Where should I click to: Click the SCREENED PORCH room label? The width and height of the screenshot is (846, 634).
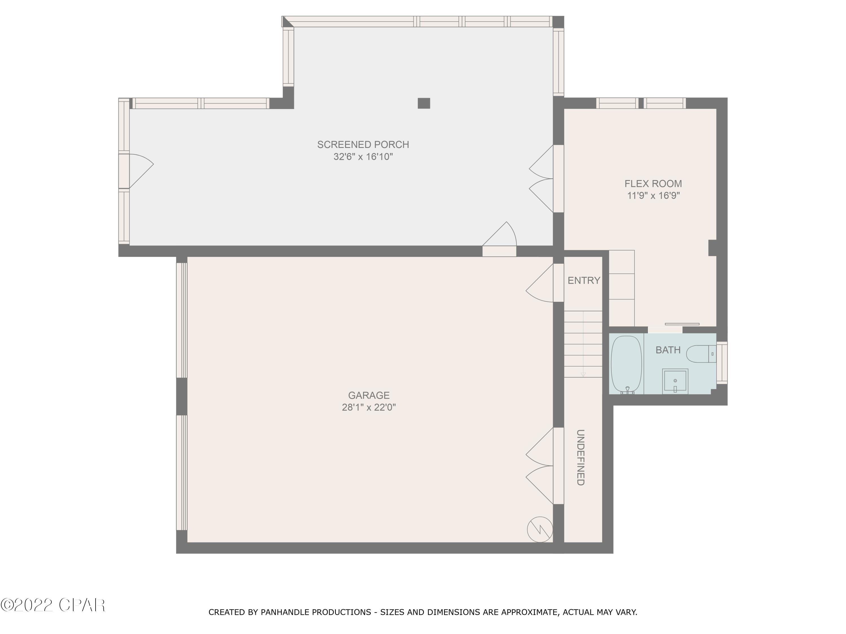(x=363, y=145)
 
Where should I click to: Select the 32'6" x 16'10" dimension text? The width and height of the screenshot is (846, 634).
(x=363, y=157)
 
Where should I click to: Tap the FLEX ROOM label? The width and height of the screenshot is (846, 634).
(x=653, y=183)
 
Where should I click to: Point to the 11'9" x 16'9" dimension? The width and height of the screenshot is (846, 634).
(x=653, y=196)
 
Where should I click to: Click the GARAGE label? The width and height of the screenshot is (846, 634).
(x=368, y=395)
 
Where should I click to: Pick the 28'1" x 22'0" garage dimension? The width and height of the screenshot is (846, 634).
(x=368, y=407)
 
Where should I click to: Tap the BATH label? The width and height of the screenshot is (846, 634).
(x=668, y=350)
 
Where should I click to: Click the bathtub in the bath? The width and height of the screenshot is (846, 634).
(x=624, y=365)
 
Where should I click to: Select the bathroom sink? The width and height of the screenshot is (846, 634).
(x=675, y=381)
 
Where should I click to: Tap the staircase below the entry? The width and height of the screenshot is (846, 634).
(x=583, y=344)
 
